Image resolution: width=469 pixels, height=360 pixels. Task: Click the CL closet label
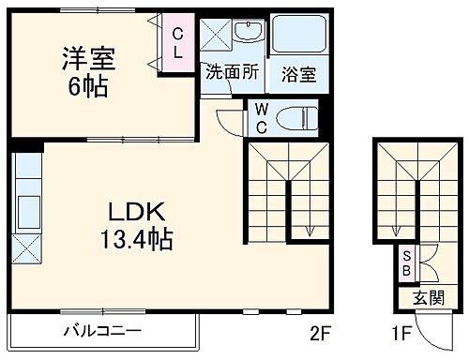176,45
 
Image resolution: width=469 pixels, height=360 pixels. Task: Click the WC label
261,118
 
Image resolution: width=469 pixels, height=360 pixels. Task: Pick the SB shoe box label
407,264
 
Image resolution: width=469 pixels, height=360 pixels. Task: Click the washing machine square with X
217,37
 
